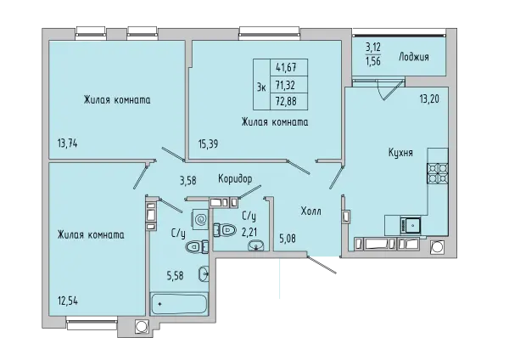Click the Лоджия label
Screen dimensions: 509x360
coord(414,57)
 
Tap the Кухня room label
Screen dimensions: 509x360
coord(400,152)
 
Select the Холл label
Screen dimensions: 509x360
coord(311,211)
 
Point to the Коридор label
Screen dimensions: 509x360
coord(235,178)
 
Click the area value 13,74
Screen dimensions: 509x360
coord(68,143)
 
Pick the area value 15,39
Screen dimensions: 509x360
coord(208,143)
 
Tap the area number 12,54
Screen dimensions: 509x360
coord(68,301)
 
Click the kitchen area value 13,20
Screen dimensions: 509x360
coord(429,98)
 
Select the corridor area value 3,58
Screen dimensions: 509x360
coord(188,180)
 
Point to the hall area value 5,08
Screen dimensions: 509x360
coord(288,239)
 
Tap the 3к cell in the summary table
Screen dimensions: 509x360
coord(261,84)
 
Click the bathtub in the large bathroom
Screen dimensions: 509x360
coord(179,304)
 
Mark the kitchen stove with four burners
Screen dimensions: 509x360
coord(438,173)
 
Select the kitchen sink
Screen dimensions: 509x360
coord(411,226)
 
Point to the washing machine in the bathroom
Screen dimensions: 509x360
coord(200,219)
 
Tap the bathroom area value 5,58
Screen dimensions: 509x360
coord(176,276)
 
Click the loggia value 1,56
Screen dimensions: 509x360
coord(373,61)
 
